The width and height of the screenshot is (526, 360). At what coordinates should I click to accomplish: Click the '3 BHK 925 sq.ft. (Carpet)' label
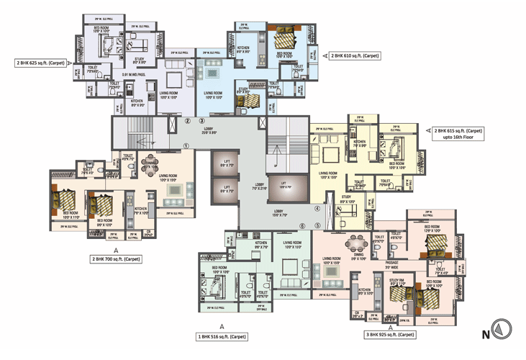click(389, 336)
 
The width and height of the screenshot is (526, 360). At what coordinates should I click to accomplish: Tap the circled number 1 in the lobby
click(186, 145)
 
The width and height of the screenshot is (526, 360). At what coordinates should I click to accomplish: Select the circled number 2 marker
click(187, 121)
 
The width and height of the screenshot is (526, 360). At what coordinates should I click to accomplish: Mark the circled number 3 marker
click(202, 121)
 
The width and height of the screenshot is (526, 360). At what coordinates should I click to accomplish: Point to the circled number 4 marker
click(317, 209)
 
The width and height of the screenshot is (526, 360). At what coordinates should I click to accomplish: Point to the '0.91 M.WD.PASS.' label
click(136, 74)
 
